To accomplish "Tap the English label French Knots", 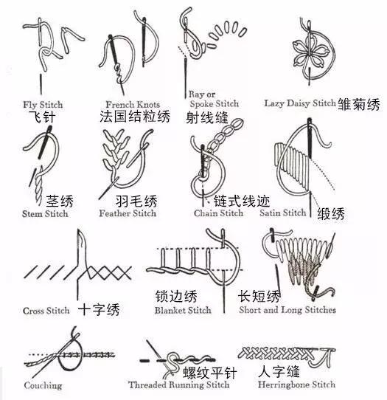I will pos(133,105).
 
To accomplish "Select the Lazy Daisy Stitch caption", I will pos(299,103).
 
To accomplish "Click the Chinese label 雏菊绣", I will pos(359,104).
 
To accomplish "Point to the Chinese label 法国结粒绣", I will pos(135,117).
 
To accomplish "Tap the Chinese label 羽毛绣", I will pos(136,201).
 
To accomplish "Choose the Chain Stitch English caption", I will pos(218,213).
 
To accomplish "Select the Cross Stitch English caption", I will pos(46,311).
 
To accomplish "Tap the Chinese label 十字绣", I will pos(99,309).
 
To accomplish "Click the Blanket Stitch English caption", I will pos(183,311).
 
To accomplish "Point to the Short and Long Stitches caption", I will pos(287,310).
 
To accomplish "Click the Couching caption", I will pos(43,386).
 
